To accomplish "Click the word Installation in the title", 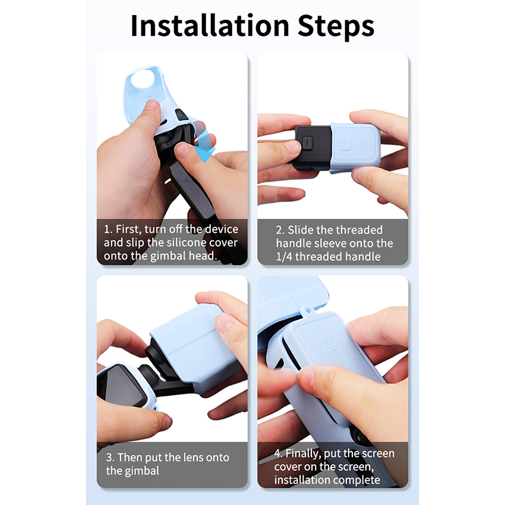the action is click(210, 26).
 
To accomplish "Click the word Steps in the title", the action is click(336, 27).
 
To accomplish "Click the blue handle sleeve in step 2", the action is click(355, 147).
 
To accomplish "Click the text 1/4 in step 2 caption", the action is click(284, 257).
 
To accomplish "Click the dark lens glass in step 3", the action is click(116, 386).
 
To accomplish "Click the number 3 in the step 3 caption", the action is click(109, 457).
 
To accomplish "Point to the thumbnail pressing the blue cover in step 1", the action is click(151, 105).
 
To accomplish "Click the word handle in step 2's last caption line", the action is click(365, 257).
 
